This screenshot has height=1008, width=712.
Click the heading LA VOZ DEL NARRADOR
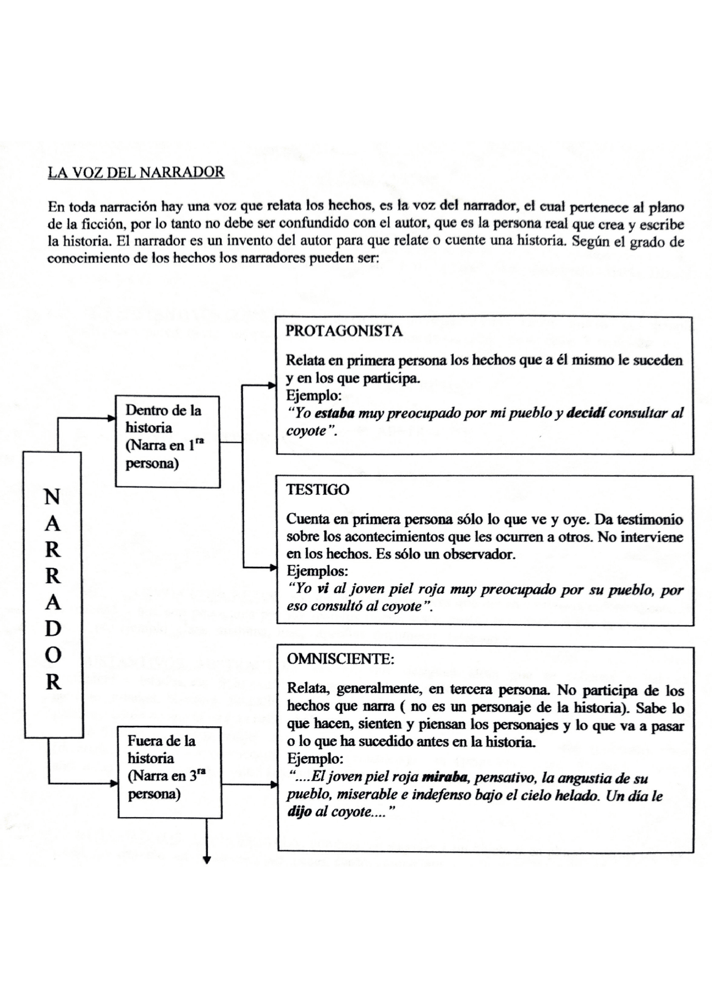tap(136, 172)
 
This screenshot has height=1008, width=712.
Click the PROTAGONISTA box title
tap(344, 331)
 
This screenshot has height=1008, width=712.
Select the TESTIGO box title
tap(318, 490)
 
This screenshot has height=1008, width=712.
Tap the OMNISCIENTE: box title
tap(340, 659)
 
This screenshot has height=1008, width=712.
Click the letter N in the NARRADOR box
tap(52, 496)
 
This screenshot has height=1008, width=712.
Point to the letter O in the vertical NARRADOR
tap(52, 655)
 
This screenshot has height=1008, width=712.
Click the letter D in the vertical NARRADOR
tap(52, 629)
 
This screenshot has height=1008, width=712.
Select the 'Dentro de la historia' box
tap(167, 441)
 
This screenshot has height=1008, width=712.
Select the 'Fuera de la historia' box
tap(170, 772)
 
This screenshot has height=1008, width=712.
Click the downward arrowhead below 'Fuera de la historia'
tap(207, 860)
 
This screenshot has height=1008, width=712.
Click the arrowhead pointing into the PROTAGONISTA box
tap(273, 385)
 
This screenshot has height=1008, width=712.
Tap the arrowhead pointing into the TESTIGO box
tap(273, 568)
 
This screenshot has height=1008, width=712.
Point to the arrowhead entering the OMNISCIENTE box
tap(274, 785)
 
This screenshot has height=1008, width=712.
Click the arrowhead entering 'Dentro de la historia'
tap(111, 419)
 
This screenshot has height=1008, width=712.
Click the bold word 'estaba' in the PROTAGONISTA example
tap(334, 414)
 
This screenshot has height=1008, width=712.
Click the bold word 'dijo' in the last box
tap(299, 812)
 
